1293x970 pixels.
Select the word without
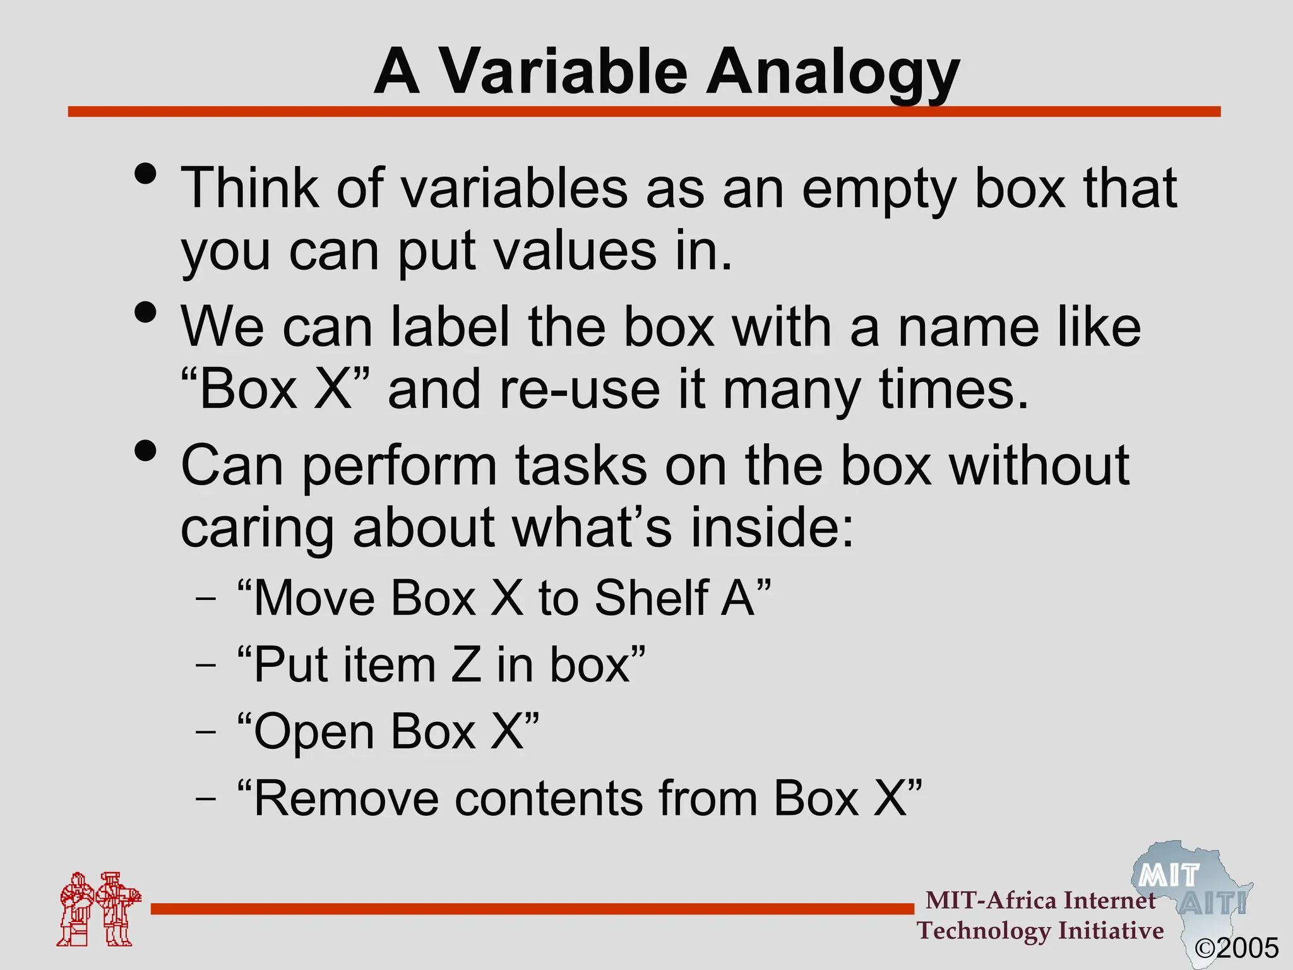point(1039,465)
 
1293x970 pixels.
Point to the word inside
point(772,527)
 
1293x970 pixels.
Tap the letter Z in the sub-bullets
point(467,664)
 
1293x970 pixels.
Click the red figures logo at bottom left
point(98,909)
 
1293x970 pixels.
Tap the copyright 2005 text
point(1237,948)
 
